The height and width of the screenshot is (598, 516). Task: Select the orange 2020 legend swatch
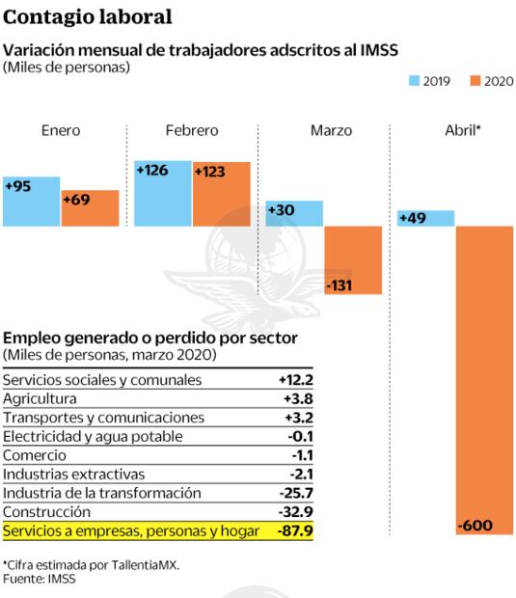tap(475, 81)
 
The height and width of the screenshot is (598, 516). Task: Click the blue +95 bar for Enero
tap(31, 202)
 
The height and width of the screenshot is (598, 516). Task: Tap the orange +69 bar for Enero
tap(90, 208)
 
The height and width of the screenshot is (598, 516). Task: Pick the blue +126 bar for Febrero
tap(162, 193)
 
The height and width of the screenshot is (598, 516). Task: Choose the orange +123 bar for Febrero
tap(221, 194)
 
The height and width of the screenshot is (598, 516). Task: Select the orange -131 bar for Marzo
tap(353, 260)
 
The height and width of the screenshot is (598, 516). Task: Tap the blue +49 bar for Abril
tap(425, 219)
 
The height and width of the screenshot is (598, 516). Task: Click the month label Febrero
tap(191, 130)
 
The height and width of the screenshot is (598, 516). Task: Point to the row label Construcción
tap(47, 511)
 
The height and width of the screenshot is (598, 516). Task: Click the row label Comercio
tap(35, 455)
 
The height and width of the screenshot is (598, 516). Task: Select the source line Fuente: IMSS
tap(39, 579)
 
